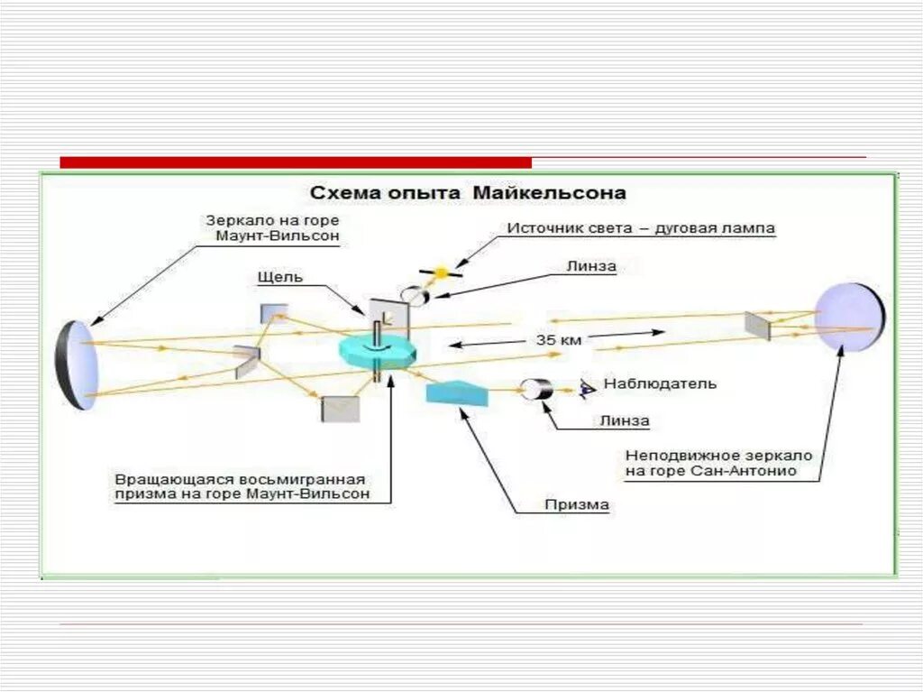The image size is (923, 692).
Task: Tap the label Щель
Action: pyautogui.click(x=280, y=277)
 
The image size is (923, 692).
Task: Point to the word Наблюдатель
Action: pyautogui.click(x=661, y=384)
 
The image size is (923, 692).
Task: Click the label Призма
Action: pyautogui.click(x=576, y=505)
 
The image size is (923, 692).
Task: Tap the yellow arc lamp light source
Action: pyautogui.click(x=441, y=272)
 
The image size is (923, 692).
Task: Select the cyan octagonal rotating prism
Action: pyautogui.click(x=379, y=350)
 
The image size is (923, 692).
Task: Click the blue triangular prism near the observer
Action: pyautogui.click(x=457, y=392)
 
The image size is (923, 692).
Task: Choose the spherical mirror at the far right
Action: pyautogui.click(x=849, y=319)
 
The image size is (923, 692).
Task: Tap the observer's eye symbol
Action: pyautogui.click(x=587, y=388)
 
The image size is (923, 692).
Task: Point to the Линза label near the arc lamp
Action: pyautogui.click(x=591, y=267)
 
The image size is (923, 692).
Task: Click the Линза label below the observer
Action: pyautogui.click(x=624, y=420)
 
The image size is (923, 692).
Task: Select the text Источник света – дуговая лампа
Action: pyautogui.click(x=640, y=229)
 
